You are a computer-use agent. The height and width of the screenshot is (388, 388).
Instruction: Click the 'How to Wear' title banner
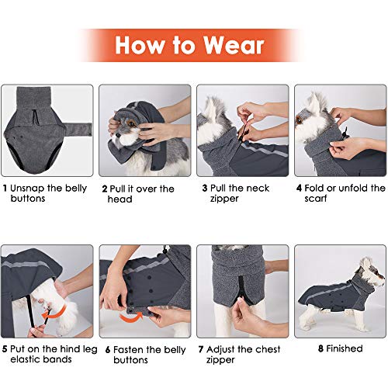189,45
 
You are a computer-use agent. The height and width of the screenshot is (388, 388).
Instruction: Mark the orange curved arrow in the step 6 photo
138,317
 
